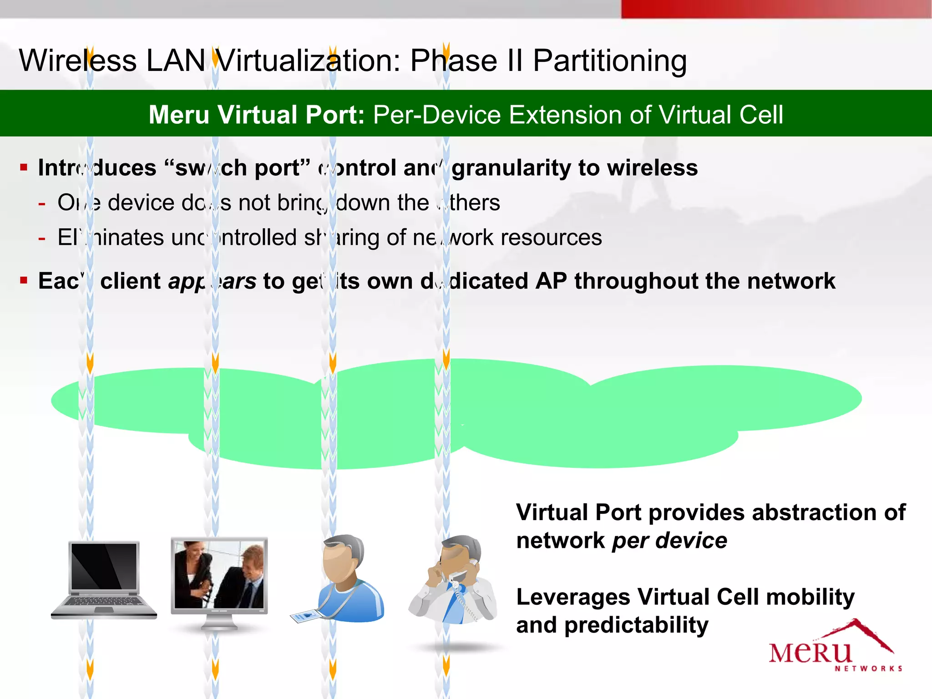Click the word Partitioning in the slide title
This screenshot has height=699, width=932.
point(609,61)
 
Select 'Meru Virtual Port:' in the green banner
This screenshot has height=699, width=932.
point(257,115)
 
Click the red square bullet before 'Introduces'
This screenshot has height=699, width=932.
point(24,167)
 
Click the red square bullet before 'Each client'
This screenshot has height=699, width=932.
point(24,280)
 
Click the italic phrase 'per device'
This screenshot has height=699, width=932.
point(669,541)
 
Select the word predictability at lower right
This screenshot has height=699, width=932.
point(636,625)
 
